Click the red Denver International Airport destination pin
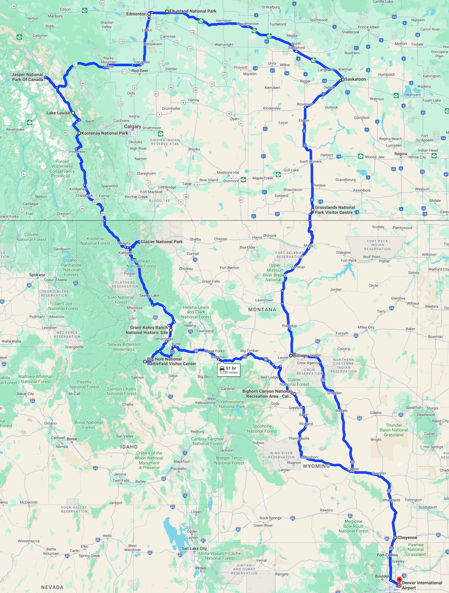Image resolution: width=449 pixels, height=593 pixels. pos(399,580)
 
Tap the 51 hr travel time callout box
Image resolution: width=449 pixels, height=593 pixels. pos(228,370)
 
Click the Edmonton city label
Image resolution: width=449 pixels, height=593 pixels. pos(136,14)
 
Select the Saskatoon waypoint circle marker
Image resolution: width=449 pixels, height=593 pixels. pos(342,79)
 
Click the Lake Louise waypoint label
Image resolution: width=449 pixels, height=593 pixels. pos(58,113)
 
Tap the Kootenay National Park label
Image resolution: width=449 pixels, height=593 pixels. pos(105,133)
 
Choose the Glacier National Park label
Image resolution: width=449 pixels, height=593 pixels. pos(161,242)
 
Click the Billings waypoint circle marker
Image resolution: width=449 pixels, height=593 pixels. pos(291,355)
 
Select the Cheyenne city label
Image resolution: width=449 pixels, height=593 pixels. pos(407,537)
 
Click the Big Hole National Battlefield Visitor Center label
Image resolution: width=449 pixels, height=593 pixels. pos(171,361)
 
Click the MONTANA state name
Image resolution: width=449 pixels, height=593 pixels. pos(262,310)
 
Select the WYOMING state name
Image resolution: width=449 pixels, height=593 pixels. pos(316,466)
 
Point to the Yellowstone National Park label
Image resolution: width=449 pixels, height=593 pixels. pos(232,404)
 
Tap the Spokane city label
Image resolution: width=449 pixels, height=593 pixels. pos(37,275)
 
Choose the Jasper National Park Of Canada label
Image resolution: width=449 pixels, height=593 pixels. pos(27,77)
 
